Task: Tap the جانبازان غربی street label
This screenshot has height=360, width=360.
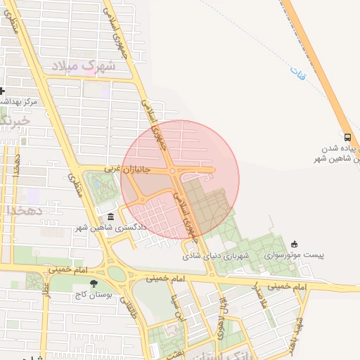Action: point(128,169)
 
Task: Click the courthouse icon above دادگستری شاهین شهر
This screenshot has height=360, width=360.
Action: point(110,217)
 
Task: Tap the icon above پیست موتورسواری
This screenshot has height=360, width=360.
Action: point(294,244)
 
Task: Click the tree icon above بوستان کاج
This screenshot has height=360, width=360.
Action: point(84,283)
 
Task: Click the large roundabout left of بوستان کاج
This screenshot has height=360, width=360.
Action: point(117,274)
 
